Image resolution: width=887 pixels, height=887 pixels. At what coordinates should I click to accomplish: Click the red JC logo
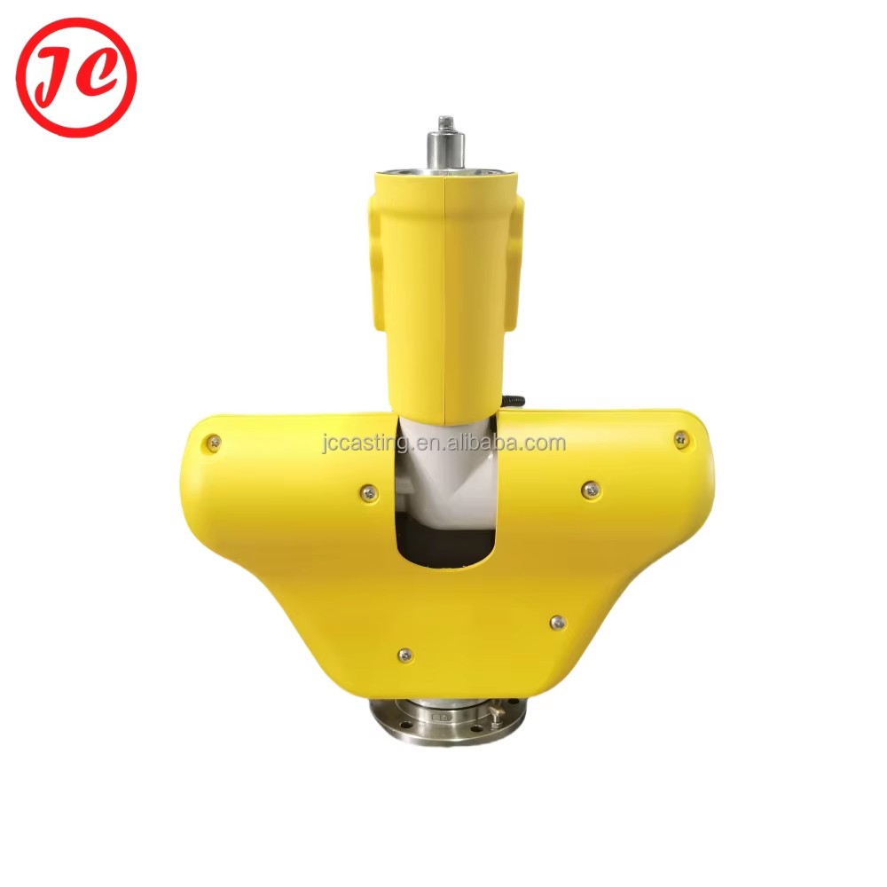[76, 77]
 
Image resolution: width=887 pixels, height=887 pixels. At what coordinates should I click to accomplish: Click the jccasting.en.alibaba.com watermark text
[444, 443]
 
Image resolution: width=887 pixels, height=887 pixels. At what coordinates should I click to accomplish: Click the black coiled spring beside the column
[513, 401]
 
